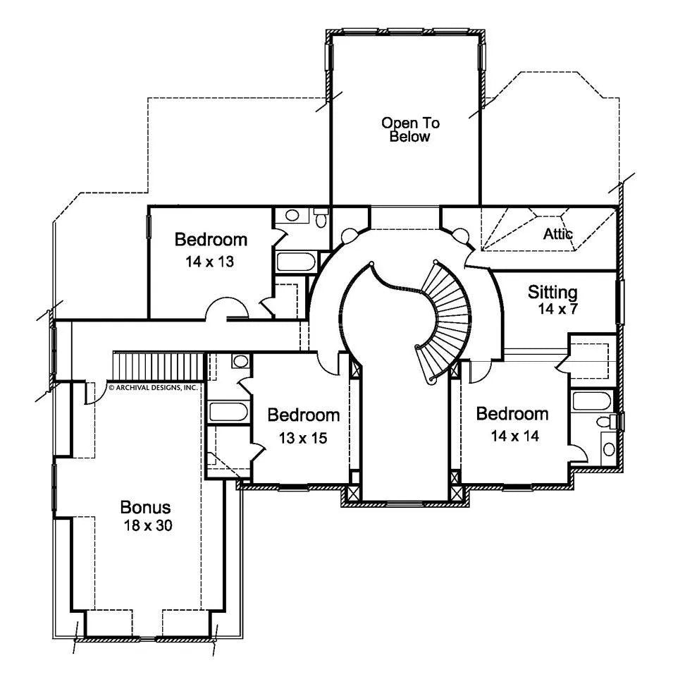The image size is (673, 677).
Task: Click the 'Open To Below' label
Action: (410, 130)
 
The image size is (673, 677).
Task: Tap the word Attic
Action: (557, 233)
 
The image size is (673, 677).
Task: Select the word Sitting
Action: (552, 292)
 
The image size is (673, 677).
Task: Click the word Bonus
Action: (145, 507)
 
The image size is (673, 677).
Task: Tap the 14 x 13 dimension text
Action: (210, 262)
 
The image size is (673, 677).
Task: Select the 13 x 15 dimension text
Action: (302, 438)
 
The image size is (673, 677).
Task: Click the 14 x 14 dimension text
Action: (514, 437)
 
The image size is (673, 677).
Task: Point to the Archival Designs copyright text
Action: (153, 387)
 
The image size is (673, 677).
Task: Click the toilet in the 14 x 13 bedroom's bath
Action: (321, 219)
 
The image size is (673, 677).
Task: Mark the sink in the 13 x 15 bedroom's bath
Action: (240, 362)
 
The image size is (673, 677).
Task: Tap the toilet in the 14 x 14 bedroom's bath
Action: (605, 422)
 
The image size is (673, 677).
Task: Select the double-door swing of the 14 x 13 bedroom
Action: (226, 310)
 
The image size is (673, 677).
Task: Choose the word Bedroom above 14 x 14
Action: (512, 414)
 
